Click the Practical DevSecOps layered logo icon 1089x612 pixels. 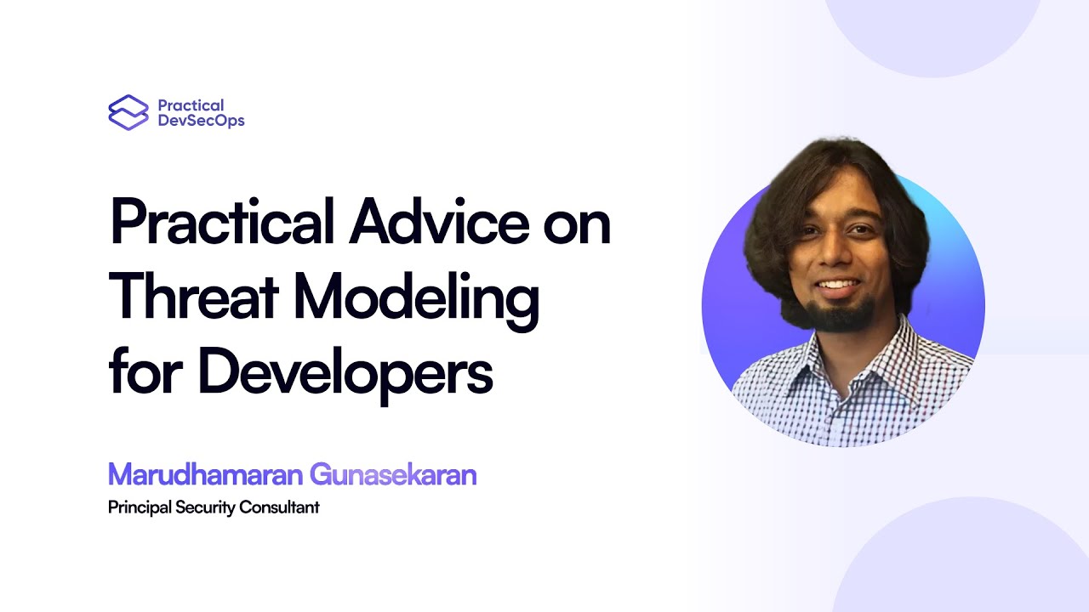click(x=128, y=112)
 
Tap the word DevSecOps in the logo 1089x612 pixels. click(x=201, y=121)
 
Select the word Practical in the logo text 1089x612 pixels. click(x=191, y=105)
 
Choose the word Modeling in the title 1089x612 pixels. click(x=416, y=299)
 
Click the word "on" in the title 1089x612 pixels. click(x=578, y=224)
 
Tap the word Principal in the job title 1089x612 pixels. click(x=140, y=508)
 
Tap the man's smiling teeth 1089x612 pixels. click(x=839, y=285)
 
